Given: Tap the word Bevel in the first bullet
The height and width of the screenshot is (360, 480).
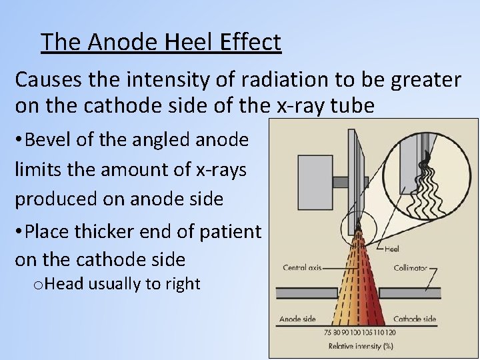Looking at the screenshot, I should (50, 140).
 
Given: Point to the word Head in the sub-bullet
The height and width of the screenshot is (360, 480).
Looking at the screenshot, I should (64, 284).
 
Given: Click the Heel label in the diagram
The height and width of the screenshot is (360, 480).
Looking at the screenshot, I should (392, 249).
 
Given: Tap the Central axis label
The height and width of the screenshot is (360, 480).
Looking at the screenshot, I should (301, 268).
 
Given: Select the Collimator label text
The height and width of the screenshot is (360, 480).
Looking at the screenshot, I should (410, 268).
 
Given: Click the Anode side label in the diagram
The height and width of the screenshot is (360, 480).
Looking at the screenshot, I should (297, 319).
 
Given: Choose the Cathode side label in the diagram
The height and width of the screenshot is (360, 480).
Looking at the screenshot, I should (415, 319).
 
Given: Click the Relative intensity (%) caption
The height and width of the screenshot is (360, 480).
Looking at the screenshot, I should (359, 346).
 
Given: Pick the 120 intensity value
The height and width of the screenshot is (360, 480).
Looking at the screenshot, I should (391, 333).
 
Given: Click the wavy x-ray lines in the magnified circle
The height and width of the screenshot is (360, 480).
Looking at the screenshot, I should (426, 180).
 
